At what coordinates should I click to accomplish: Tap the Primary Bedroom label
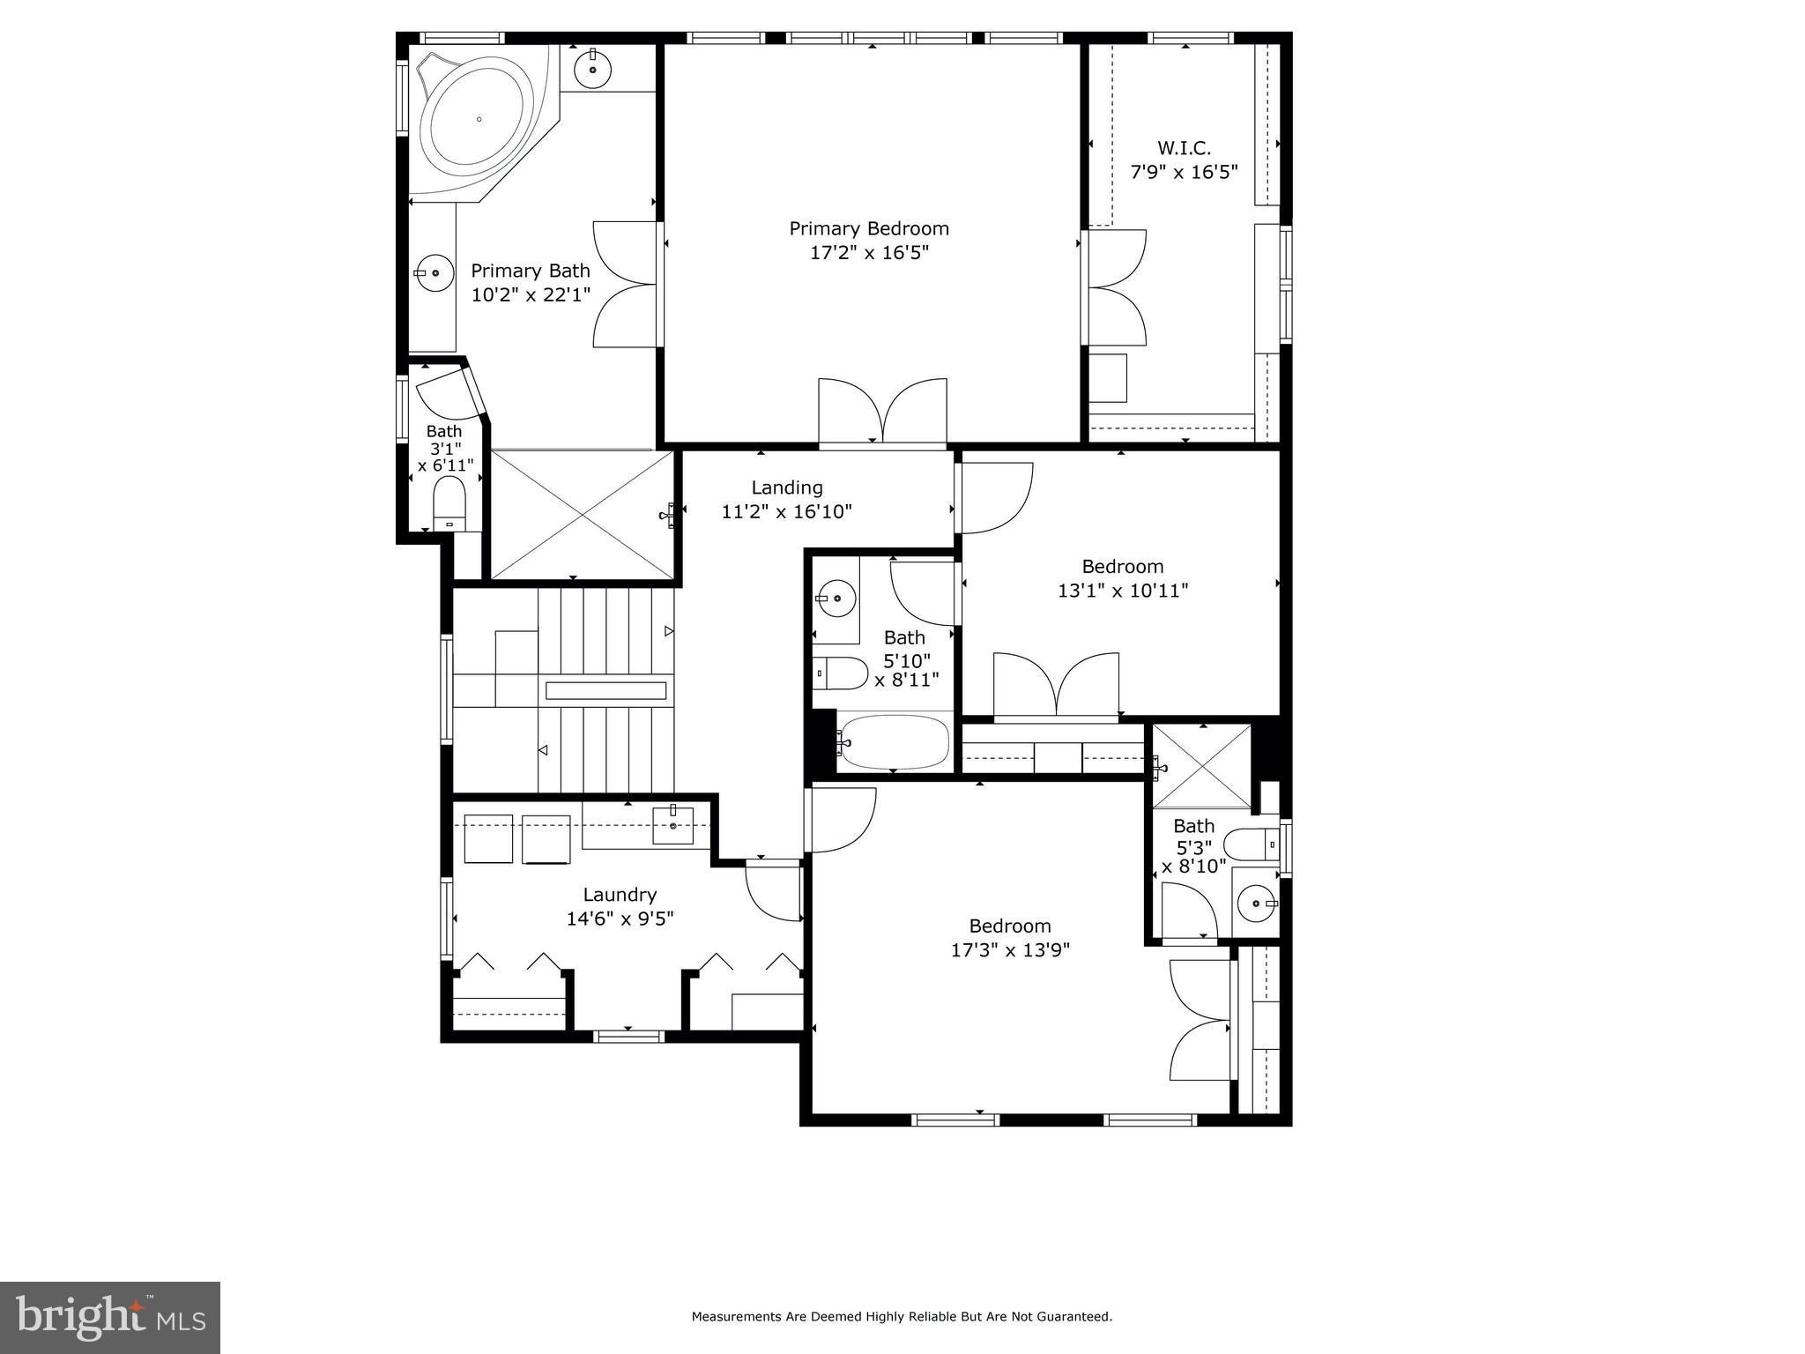click(868, 229)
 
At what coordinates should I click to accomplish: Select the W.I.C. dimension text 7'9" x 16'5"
click(1184, 172)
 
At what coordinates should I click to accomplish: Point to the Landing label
click(786, 487)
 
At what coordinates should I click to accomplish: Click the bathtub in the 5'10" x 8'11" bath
click(894, 742)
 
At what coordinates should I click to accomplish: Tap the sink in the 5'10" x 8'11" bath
click(836, 599)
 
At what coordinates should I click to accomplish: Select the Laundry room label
click(620, 895)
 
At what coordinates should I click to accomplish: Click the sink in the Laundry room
click(673, 826)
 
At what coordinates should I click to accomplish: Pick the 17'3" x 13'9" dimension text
click(1010, 950)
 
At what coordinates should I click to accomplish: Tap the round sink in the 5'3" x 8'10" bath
click(1255, 904)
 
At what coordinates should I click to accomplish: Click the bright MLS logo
click(110, 1317)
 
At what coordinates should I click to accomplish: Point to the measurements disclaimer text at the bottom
click(901, 1317)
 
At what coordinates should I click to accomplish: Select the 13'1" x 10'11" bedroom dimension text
click(1123, 591)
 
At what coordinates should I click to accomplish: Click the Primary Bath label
click(530, 271)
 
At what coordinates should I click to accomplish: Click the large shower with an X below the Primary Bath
click(582, 515)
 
